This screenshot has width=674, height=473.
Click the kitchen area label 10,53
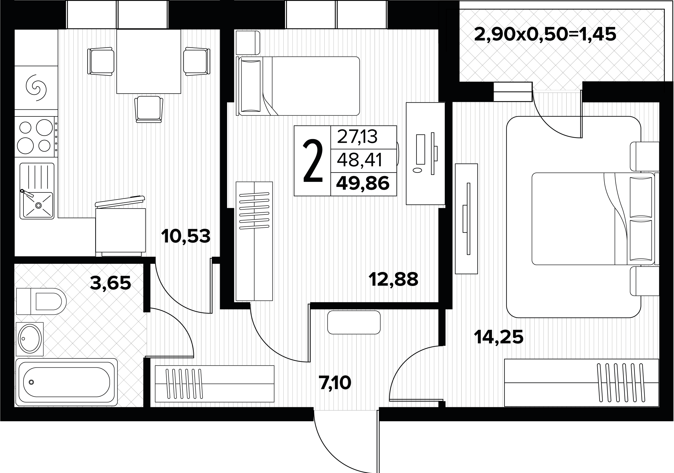click(x=185, y=236)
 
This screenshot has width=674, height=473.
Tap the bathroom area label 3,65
click(x=110, y=283)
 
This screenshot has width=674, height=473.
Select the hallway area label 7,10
click(x=335, y=383)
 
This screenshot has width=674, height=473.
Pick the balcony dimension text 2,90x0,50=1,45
click(x=545, y=34)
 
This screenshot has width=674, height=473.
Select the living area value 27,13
click(x=357, y=137)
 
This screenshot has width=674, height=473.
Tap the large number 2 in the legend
click(x=313, y=161)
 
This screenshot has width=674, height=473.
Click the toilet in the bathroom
click(x=41, y=301)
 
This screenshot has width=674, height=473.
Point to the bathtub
click(x=67, y=382)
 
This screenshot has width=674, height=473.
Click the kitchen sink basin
click(x=38, y=205)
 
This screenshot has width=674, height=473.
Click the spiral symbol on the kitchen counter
click(x=36, y=87)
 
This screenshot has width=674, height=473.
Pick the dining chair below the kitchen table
click(x=149, y=109)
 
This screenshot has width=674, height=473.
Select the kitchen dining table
click(x=149, y=61)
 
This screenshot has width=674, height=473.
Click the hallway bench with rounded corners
click(x=354, y=322)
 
